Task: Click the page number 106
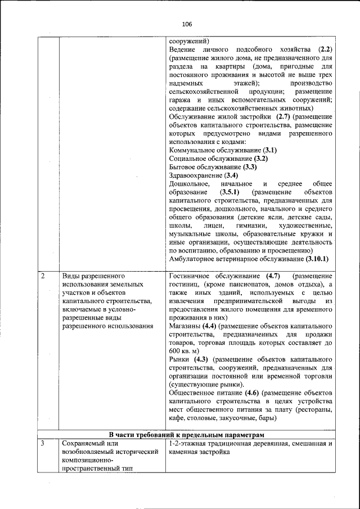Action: coord(187,24)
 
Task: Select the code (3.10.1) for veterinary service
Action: coord(317,259)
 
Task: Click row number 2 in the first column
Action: coord(43,277)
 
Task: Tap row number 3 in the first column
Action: coord(43,444)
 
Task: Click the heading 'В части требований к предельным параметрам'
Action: coord(186,434)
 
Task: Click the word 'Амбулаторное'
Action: coord(194,259)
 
